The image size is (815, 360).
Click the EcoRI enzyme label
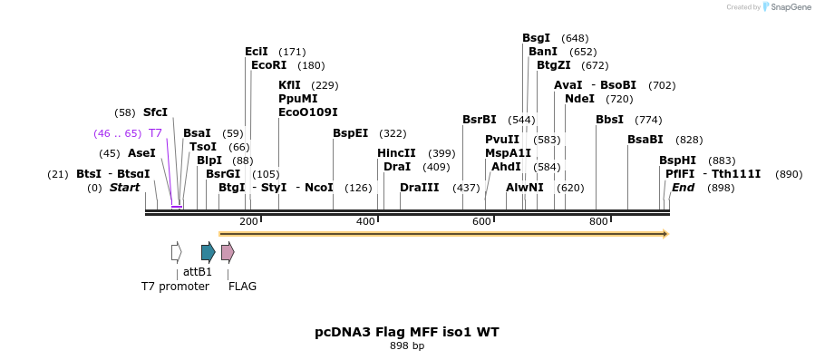[268, 65]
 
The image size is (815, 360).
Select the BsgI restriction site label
[536, 38]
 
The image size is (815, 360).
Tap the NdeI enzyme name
[579, 99]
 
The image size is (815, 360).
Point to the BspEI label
[350, 133]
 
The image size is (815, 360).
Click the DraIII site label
[419, 188]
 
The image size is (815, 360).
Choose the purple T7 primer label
[155, 133]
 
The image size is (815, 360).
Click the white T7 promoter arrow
[177, 252]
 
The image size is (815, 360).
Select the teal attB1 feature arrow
[208, 252]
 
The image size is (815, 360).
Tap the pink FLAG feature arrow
[228, 252]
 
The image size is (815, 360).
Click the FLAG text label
[242, 287]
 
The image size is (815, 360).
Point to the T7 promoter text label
[175, 287]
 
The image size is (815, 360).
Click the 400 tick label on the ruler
[365, 222]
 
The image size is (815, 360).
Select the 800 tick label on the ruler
[598, 222]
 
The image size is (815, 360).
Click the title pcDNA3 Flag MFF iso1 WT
[407, 332]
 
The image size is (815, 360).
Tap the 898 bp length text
[407, 346]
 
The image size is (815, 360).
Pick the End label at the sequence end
[683, 188]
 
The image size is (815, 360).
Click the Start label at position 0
[125, 188]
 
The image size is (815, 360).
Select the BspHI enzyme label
[677, 161]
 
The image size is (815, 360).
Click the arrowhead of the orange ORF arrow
[665, 234]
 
